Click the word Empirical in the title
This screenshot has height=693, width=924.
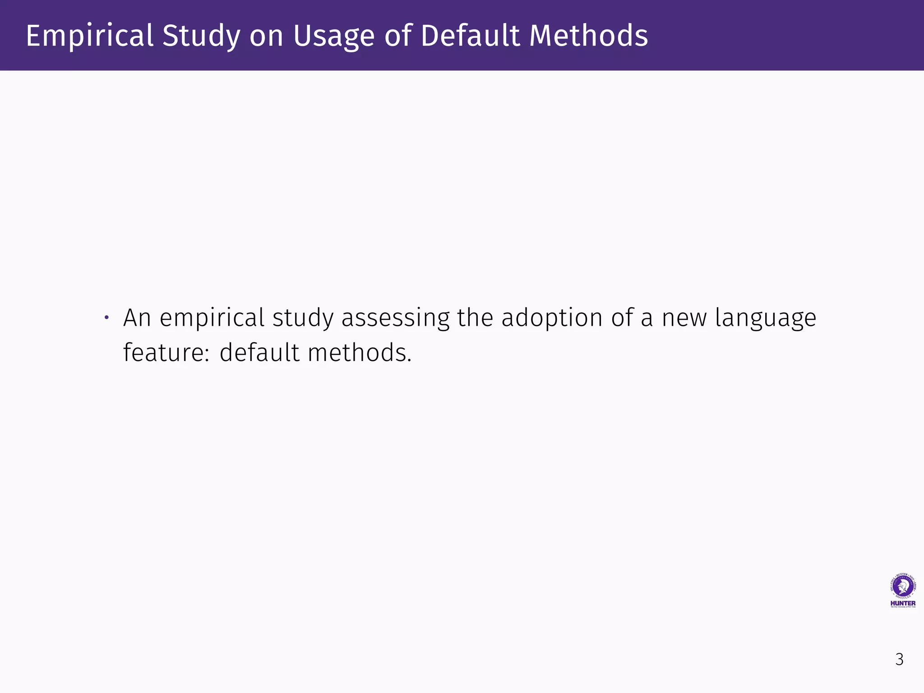point(89,36)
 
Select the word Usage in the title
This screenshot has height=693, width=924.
point(334,36)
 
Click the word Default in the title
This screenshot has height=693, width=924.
point(470,36)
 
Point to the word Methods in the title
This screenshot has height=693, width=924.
point(588,36)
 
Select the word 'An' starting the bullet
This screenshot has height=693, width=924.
point(137,318)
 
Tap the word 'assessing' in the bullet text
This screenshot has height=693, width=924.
point(395,318)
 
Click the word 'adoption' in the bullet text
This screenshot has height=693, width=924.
point(552,318)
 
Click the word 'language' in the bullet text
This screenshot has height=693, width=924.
point(766,318)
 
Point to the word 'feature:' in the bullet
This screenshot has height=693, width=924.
point(166,352)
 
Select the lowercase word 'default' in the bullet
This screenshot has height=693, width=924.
point(259,352)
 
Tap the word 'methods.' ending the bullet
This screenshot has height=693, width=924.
point(360,352)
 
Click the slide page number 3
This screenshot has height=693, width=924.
point(899,660)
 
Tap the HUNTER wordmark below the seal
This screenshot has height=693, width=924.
point(903,603)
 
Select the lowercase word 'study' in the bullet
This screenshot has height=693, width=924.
point(303,318)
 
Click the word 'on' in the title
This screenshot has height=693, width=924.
point(266,36)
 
